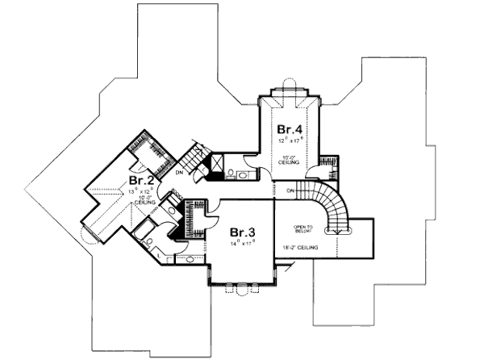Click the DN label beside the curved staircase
[290, 190]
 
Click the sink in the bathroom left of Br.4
[231, 173]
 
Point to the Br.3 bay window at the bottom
[242, 287]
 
